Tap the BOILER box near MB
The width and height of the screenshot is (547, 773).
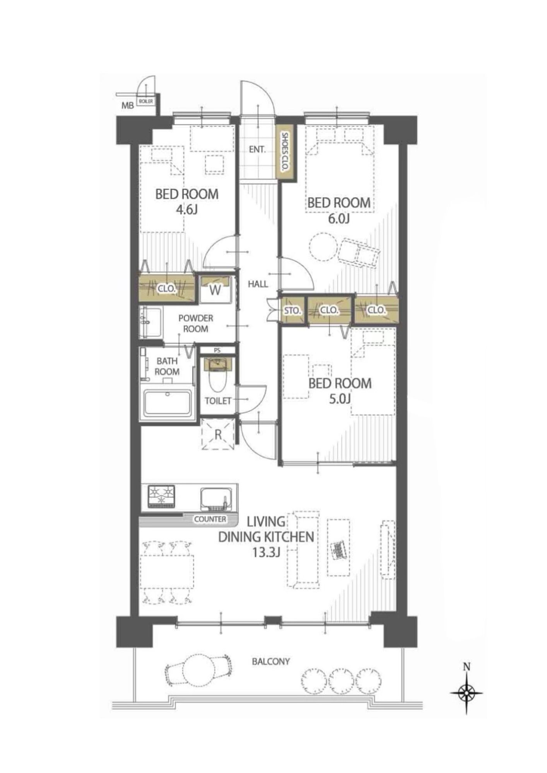(x=146, y=101)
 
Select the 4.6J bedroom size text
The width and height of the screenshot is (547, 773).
(x=187, y=210)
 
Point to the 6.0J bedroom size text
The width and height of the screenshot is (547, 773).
(x=339, y=219)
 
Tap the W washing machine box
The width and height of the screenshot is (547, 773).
(x=215, y=289)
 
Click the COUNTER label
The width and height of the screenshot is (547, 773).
(x=210, y=519)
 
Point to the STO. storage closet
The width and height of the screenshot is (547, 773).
(x=292, y=310)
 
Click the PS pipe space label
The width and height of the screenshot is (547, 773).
(x=217, y=351)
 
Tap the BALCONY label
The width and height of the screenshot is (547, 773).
(x=271, y=661)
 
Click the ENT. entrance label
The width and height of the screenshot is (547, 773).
(x=257, y=149)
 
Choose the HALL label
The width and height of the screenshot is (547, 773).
(x=258, y=284)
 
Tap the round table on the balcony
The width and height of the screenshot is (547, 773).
(x=199, y=669)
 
